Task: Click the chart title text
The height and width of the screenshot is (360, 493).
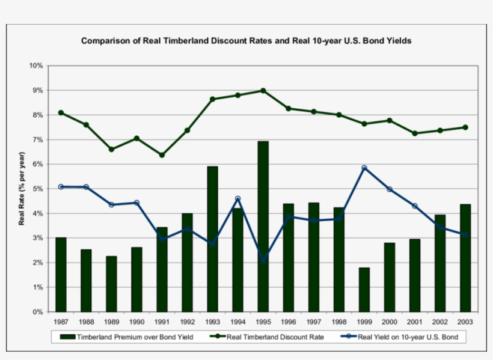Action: (x=246, y=41)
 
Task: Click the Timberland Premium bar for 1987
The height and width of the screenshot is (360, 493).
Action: (x=61, y=275)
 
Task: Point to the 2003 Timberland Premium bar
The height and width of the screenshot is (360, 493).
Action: (x=465, y=258)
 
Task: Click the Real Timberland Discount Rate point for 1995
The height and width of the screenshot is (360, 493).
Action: (x=263, y=91)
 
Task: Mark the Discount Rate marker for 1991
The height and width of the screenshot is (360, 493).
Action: (x=162, y=155)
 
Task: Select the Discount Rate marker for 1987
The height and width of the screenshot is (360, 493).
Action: (x=61, y=112)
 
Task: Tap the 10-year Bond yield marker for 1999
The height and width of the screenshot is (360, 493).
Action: (x=364, y=168)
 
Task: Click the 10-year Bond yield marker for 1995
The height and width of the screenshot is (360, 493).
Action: (x=263, y=260)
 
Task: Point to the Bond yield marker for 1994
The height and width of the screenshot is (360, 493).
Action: (x=238, y=199)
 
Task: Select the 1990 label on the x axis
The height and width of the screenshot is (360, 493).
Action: (x=136, y=322)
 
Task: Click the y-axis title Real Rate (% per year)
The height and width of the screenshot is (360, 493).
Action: (x=22, y=189)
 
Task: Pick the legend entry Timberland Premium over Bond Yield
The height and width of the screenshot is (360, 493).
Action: (x=129, y=337)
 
